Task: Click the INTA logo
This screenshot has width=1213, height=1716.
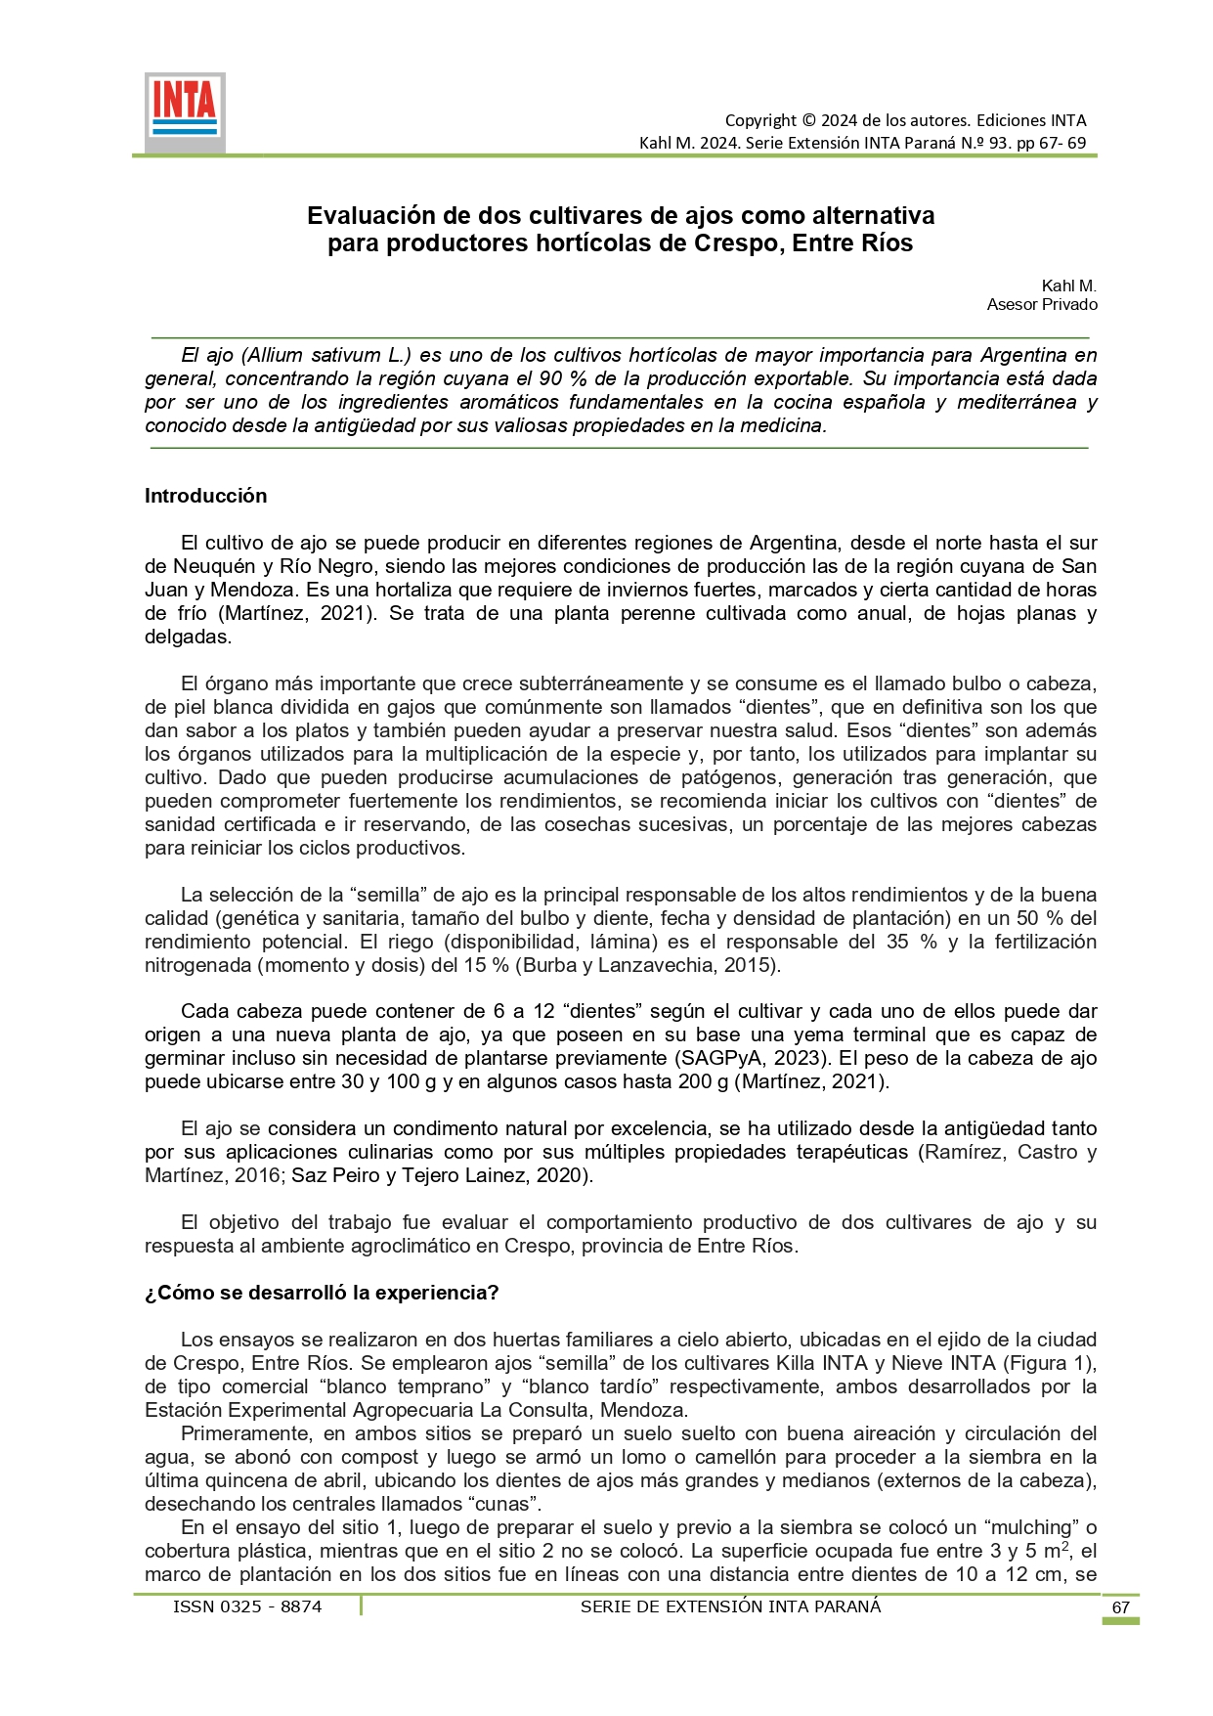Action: (185, 110)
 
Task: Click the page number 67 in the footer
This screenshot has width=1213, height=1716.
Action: (1120, 1607)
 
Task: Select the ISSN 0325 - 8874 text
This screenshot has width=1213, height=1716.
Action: (247, 1606)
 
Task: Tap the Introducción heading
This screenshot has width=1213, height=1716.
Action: (205, 496)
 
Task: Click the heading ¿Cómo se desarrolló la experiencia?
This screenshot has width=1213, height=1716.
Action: (322, 1293)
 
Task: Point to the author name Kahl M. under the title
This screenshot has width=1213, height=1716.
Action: (1068, 286)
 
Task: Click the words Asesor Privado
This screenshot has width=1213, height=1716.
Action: (1042, 304)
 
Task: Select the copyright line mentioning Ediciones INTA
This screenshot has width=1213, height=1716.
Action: (905, 120)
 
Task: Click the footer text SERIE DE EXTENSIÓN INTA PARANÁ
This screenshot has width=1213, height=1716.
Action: (730, 1606)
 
